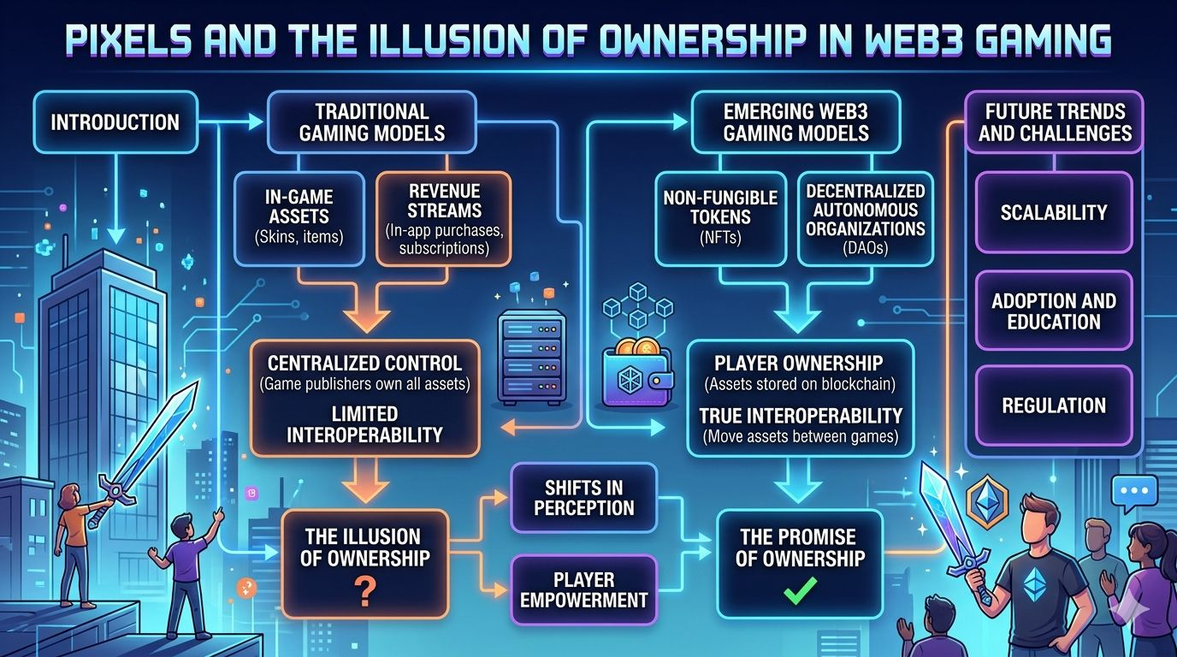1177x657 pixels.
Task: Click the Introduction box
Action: pyautogui.click(x=115, y=121)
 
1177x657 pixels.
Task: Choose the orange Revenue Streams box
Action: pyautogui.click(x=443, y=218)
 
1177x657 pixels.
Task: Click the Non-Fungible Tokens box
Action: pyautogui.click(x=719, y=218)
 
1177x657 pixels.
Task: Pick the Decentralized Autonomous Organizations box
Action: pyautogui.click(x=865, y=218)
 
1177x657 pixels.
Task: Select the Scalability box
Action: pyautogui.click(x=1054, y=212)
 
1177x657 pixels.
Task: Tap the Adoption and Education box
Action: pyautogui.click(x=1054, y=311)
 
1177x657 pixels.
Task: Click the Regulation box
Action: pyautogui.click(x=1054, y=405)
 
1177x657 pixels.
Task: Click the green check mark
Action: pyautogui.click(x=798, y=589)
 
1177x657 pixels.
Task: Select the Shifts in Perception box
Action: pyautogui.click(x=583, y=498)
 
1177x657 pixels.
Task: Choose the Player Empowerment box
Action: pyautogui.click(x=583, y=590)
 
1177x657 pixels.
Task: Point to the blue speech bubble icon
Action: pyautogui.click(x=1133, y=493)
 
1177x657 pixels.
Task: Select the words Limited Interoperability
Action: pyautogui.click(x=364, y=424)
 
